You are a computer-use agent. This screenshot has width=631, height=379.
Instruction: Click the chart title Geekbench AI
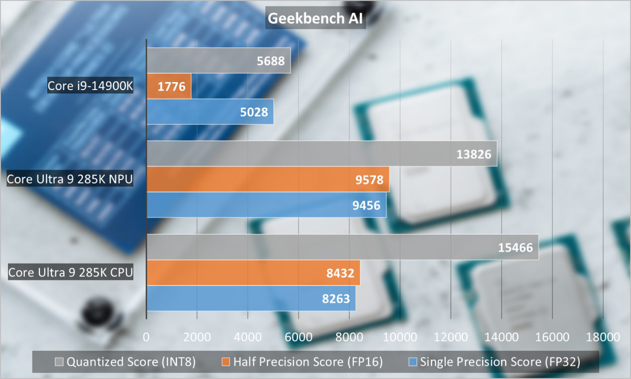point(315,18)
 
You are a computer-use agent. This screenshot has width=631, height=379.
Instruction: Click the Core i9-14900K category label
point(91,86)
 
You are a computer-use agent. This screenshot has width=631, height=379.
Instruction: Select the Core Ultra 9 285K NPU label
point(70,179)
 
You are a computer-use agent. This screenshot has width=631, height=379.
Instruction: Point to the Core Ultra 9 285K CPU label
point(71,273)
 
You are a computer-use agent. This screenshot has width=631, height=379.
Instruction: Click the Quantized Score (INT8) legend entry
point(125,362)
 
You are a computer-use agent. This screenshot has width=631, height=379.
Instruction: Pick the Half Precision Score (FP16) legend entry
point(302,362)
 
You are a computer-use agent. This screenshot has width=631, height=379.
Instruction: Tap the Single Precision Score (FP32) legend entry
point(494,362)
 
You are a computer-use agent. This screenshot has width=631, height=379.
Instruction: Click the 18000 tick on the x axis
point(603,337)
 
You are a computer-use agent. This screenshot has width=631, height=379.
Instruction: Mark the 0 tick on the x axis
point(146,337)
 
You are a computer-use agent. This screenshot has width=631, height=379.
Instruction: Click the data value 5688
point(271,61)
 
